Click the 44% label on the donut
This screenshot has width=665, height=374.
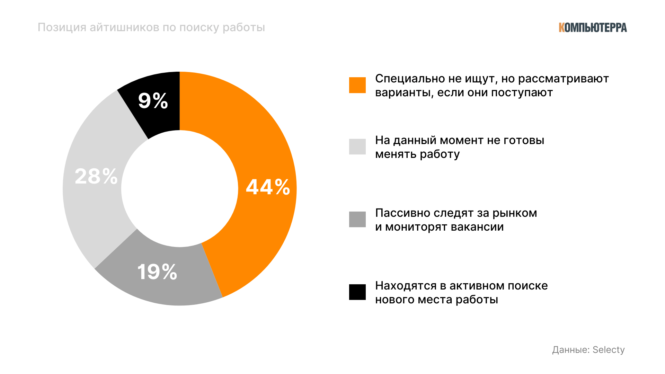(x=268, y=187)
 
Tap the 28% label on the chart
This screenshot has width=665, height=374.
(x=96, y=176)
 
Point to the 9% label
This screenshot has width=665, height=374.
(x=153, y=101)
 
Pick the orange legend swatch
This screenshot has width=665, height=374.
(x=357, y=85)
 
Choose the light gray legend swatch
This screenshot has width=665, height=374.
(x=357, y=146)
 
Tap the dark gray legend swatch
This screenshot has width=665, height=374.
(x=357, y=219)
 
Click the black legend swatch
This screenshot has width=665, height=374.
(x=357, y=292)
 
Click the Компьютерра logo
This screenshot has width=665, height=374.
(x=592, y=28)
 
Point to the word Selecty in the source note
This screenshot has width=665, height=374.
(x=608, y=350)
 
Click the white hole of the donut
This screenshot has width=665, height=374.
(x=179, y=189)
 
